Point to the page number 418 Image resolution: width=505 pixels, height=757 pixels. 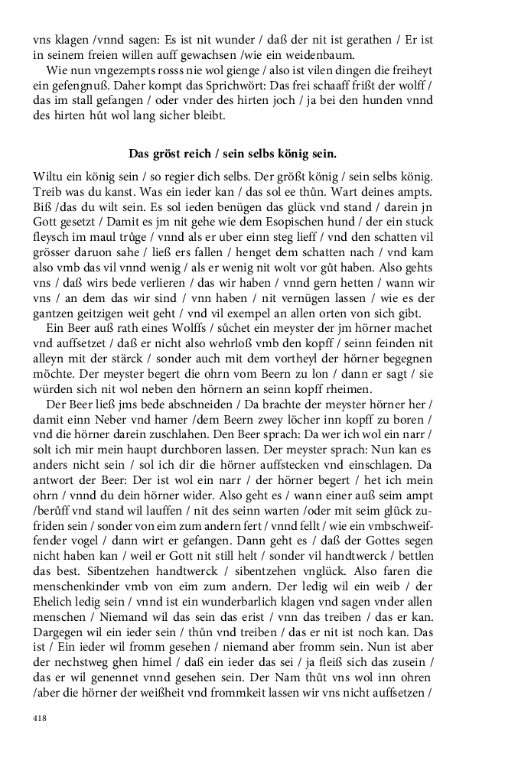point(40,718)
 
